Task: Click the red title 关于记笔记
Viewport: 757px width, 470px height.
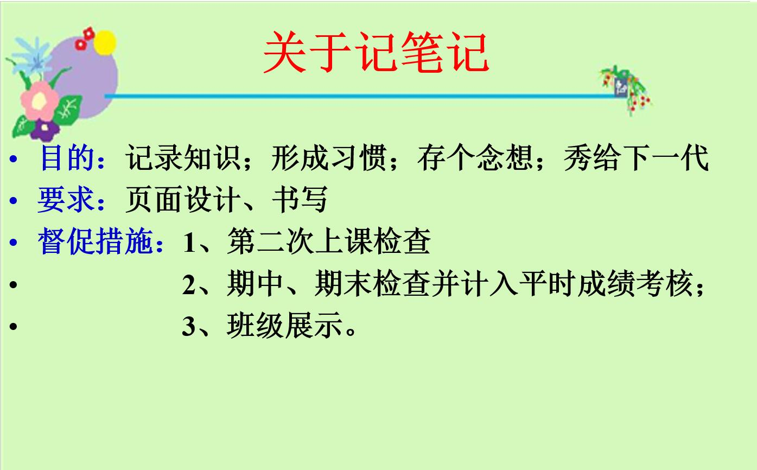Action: tap(376, 52)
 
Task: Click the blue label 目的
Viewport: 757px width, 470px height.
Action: tap(67, 157)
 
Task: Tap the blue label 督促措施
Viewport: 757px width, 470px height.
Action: tap(96, 241)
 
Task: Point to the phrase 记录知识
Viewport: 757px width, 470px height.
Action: tap(183, 157)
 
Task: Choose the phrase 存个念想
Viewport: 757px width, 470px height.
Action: tap(475, 157)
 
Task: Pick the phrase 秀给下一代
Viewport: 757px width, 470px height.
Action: tap(636, 157)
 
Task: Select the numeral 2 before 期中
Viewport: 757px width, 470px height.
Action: tap(189, 285)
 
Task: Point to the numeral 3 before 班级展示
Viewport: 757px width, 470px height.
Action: tap(189, 326)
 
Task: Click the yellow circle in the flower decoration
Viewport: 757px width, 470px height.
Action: tap(105, 42)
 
